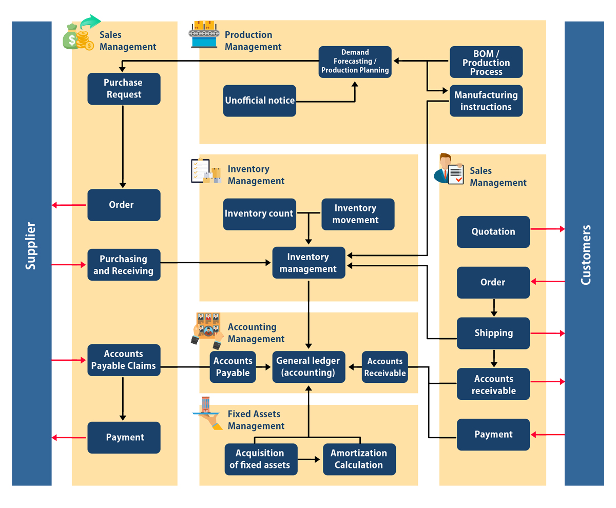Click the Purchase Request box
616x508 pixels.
[x=124, y=88]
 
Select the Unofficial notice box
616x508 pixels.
[x=260, y=101]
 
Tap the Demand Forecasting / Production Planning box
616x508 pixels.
[x=355, y=62]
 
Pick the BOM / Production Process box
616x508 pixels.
[x=486, y=62]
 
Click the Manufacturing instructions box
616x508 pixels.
[x=486, y=101]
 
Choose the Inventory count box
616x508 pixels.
[x=260, y=214]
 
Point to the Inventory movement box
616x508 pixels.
[x=358, y=214]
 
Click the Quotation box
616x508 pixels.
[x=493, y=232]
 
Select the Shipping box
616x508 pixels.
[x=493, y=333]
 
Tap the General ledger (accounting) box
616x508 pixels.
[x=309, y=367]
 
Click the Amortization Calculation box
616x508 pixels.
[x=359, y=459]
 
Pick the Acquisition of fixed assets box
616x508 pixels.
[x=261, y=459]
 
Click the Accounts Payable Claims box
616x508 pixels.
[x=124, y=360]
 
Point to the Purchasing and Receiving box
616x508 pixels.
[x=124, y=265]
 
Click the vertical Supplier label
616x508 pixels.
[x=30, y=246]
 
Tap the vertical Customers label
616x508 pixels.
[x=586, y=255]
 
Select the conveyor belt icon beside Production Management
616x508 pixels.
[x=204, y=34]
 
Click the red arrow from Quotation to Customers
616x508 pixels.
[x=548, y=229]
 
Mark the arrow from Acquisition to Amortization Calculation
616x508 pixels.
[x=309, y=459]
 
